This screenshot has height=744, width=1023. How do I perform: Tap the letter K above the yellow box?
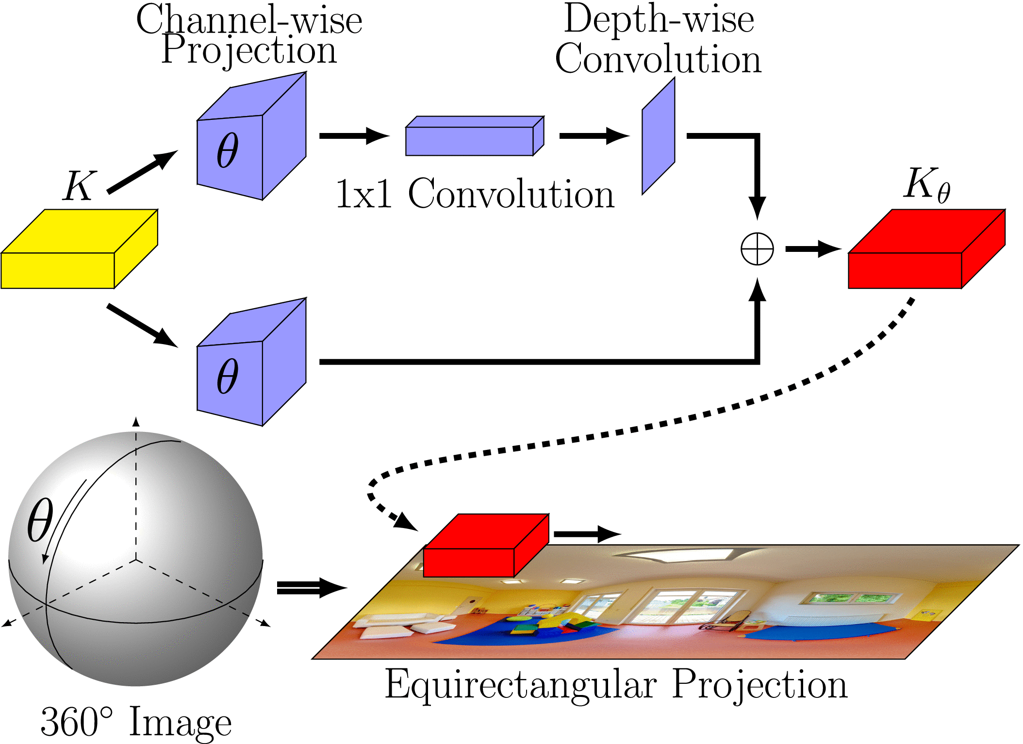[79, 186]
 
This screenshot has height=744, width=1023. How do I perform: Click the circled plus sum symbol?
[757, 249]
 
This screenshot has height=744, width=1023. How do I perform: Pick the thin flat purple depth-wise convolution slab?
[658, 136]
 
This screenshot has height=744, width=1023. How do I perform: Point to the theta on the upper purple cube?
[227, 150]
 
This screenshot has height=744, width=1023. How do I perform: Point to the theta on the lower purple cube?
[227, 376]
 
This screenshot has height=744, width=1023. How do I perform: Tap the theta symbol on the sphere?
[40, 519]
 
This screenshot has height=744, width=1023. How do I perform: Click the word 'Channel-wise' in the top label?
[249, 20]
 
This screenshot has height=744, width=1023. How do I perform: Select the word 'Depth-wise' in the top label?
[659, 19]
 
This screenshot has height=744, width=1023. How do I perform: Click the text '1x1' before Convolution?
[364, 194]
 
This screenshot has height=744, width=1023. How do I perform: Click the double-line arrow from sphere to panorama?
[311, 588]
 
